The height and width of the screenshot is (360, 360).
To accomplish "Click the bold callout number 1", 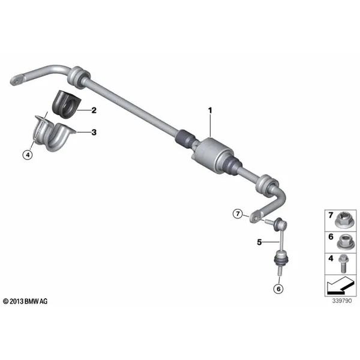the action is click(x=210, y=110).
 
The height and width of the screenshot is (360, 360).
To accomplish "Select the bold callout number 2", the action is click(x=94, y=110).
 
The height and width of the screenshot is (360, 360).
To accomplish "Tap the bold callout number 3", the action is click(x=94, y=132).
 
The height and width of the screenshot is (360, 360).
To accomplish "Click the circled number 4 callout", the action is click(x=28, y=155).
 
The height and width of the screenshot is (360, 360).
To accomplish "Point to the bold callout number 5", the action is click(x=259, y=242).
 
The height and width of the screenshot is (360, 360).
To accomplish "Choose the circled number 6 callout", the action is click(x=278, y=289).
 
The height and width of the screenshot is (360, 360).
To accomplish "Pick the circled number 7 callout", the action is click(x=238, y=214).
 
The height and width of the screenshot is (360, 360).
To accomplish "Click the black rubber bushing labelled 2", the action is click(x=66, y=104).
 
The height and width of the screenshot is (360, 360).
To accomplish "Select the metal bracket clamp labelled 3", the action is click(x=53, y=134).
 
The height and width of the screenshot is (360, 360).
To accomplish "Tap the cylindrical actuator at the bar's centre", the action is click(x=211, y=154).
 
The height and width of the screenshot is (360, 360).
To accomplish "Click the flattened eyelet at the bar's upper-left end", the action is click(x=17, y=80).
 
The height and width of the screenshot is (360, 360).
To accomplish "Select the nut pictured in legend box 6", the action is click(x=345, y=242).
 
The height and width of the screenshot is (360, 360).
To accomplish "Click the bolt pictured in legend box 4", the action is click(x=343, y=265).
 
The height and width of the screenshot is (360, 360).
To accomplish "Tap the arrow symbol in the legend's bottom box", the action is click(x=340, y=286).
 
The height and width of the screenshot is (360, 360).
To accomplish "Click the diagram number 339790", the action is click(x=342, y=301).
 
